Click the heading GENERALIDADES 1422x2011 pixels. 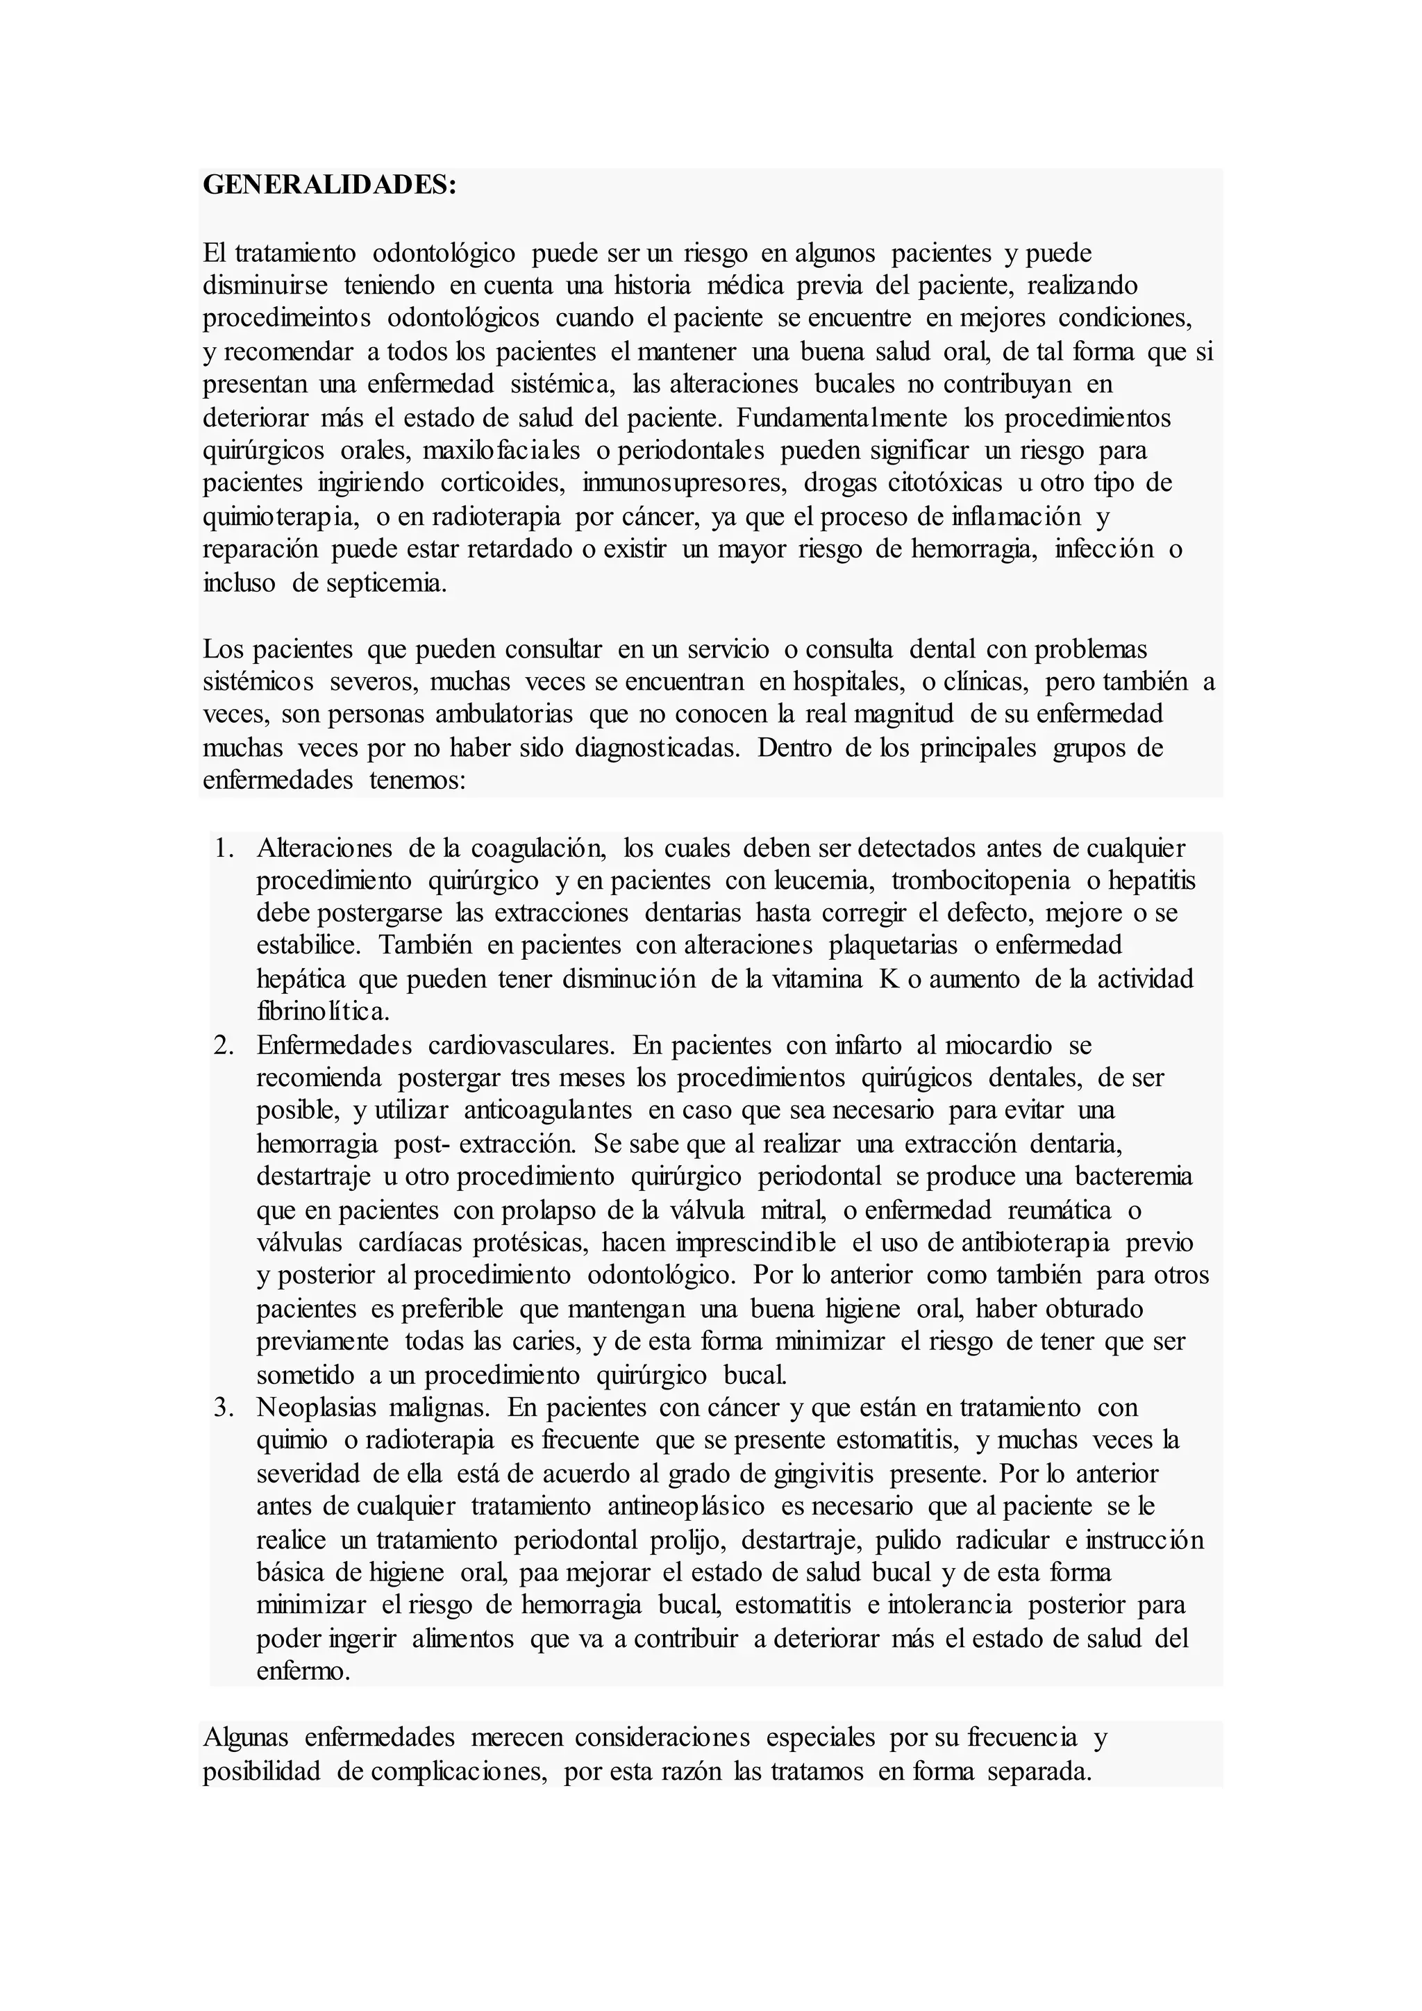click(329, 185)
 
